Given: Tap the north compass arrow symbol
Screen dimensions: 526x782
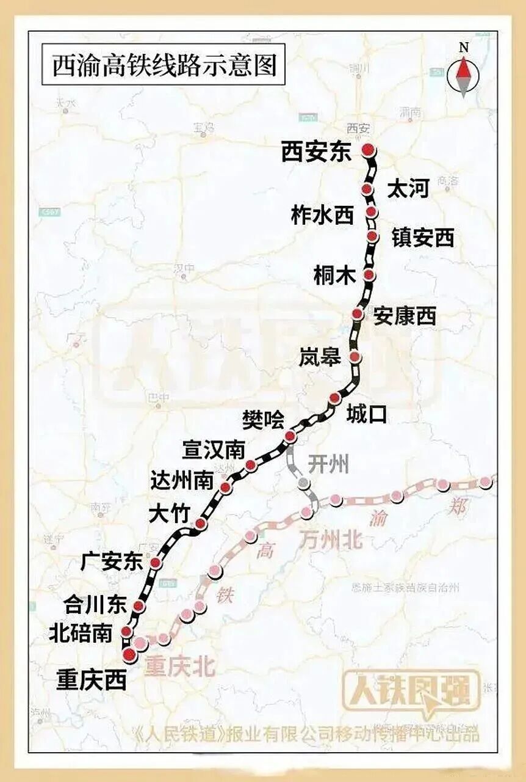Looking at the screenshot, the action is click(x=464, y=76).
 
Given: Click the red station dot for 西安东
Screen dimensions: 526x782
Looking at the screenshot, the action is click(x=367, y=150).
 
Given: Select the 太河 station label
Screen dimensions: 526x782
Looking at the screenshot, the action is click(x=408, y=190).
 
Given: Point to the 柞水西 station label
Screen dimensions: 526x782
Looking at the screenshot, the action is click(x=322, y=214).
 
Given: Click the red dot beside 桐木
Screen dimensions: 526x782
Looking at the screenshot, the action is click(x=369, y=275).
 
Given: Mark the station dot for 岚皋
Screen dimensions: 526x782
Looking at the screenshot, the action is click(x=355, y=357).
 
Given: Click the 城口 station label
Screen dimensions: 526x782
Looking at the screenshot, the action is click(x=367, y=414).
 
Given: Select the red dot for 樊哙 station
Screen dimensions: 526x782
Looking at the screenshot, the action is click(x=290, y=436).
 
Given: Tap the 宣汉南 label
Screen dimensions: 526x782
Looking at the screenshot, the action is click(x=214, y=451).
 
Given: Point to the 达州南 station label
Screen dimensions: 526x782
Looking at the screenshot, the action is click(x=182, y=480).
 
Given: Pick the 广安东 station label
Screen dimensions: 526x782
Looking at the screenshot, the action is click(x=112, y=561).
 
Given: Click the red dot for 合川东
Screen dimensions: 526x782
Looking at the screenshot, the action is click(x=139, y=606).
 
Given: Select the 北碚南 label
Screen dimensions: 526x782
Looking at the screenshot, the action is click(x=81, y=633).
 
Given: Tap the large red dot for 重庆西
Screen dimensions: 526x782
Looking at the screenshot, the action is click(x=129, y=656).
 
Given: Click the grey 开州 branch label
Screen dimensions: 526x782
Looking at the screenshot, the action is click(x=329, y=465).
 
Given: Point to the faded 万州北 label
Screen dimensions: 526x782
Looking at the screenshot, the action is click(x=331, y=539).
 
